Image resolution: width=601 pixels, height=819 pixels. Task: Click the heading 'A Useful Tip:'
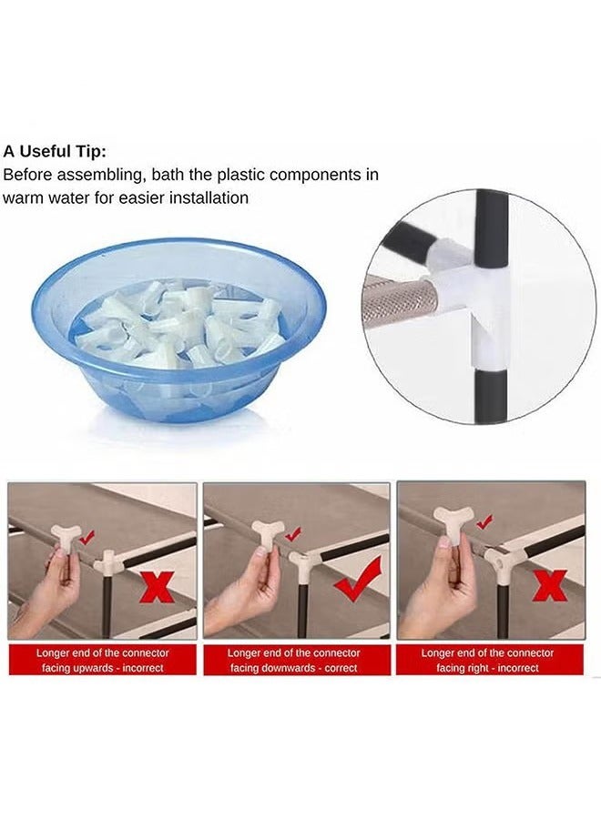55,152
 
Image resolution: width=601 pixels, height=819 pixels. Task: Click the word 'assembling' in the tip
99,176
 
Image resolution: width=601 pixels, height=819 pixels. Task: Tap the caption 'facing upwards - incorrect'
102,668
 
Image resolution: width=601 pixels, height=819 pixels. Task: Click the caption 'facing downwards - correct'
294,668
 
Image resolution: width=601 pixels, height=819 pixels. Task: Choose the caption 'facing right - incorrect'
487,668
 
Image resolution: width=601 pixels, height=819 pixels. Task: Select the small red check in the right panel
486,521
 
